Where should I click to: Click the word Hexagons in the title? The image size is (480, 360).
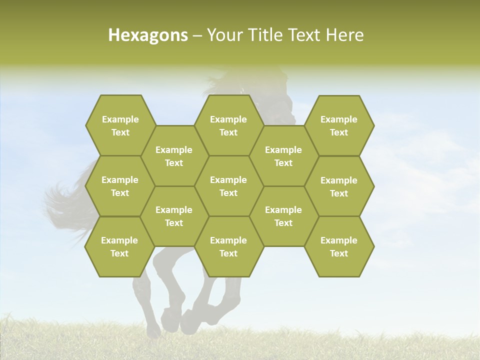point(148,35)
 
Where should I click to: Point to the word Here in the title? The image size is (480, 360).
point(344,35)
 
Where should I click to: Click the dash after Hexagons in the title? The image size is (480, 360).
point(197,35)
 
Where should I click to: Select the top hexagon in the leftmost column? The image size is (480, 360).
point(120,125)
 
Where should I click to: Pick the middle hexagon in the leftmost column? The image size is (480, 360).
point(120,186)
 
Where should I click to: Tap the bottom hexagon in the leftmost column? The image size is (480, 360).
point(119,246)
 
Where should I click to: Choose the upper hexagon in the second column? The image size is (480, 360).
point(174,156)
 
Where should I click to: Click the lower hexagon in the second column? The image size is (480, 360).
point(174,216)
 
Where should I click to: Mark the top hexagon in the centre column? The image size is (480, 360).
point(228,125)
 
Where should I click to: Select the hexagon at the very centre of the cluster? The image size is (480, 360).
point(228,186)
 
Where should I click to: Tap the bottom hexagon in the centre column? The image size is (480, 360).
point(228,246)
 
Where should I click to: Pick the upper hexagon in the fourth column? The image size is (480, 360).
point(283,156)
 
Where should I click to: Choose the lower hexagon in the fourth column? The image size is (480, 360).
point(283,216)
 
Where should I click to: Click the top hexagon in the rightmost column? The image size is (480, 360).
point(339,125)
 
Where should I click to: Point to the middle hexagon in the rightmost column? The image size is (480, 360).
point(339,186)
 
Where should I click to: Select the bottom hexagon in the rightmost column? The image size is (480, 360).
point(339,246)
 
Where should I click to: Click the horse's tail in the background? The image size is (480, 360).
point(65,200)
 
